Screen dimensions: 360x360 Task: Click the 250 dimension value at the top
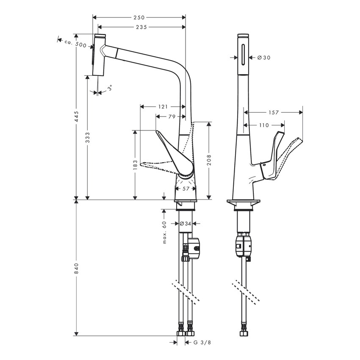pos(139,17)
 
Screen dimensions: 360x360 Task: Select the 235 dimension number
pos(141,27)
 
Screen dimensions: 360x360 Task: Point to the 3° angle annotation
pos(109,88)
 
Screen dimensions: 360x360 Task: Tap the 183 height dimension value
pos(135,164)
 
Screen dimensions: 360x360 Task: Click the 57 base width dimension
pos(186,189)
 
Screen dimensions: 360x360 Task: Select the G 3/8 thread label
pos(202,342)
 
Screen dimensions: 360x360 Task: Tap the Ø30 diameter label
pos(263,58)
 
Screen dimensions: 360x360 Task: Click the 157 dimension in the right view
pos(274,112)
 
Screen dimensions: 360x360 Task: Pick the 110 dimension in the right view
pos(263,125)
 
